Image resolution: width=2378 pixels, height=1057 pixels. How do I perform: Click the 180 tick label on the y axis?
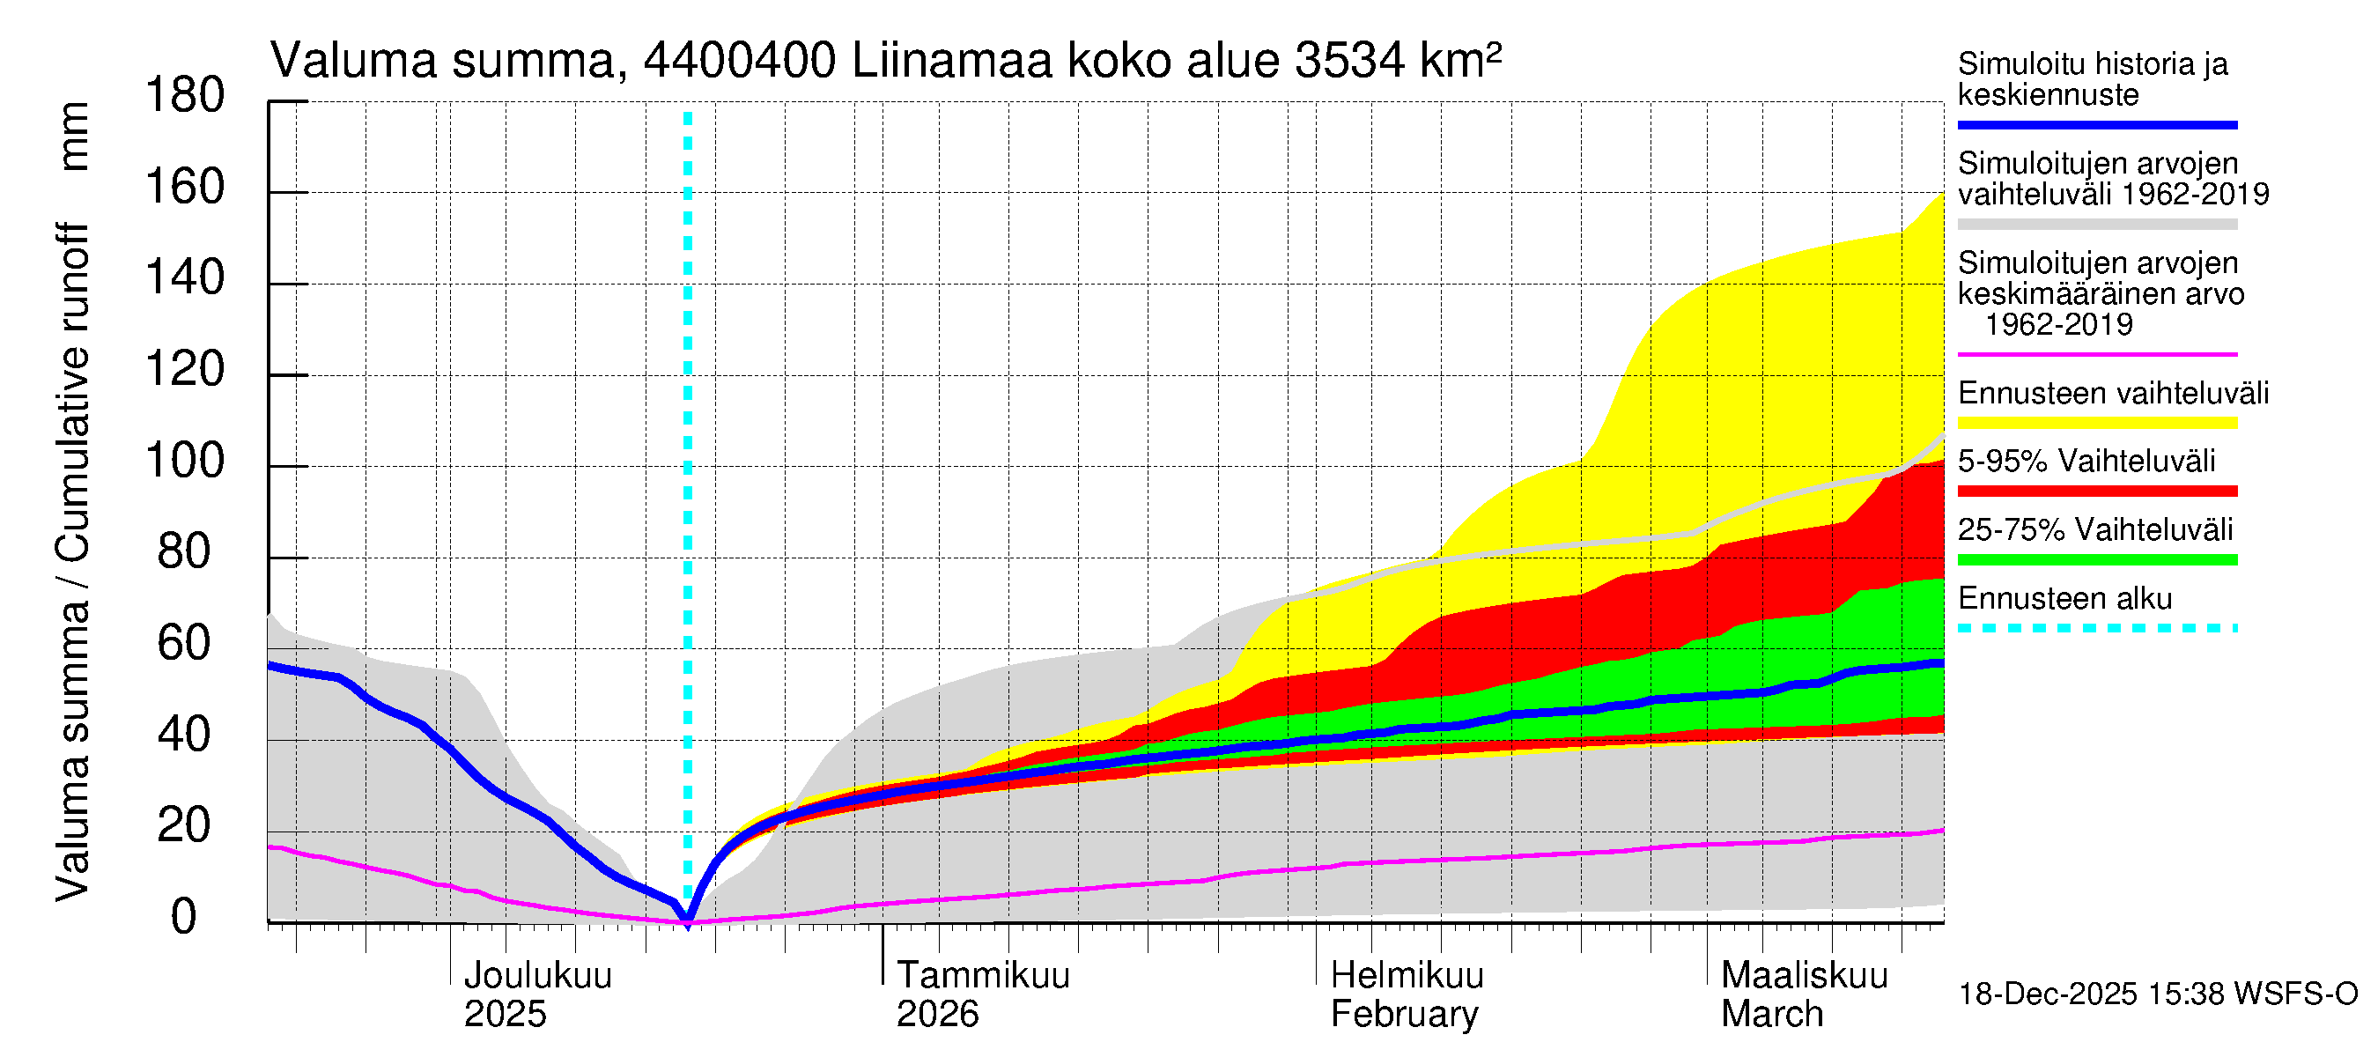185,96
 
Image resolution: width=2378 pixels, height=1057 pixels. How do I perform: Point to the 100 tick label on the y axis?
185,461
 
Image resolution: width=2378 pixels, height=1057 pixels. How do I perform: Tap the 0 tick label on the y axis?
184,917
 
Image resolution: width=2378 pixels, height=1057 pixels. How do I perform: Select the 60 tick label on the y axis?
185,643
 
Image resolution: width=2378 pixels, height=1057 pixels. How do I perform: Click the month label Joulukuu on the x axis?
537,976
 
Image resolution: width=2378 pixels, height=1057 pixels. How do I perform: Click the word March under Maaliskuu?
1771,1015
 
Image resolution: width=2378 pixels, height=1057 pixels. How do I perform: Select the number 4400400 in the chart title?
740,61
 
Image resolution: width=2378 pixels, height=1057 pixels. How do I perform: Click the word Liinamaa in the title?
952,61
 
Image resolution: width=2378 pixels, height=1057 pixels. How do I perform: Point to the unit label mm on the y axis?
74,137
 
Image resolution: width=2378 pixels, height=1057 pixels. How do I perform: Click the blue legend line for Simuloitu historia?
2096,124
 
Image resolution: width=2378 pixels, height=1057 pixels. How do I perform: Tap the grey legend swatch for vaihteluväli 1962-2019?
2096,225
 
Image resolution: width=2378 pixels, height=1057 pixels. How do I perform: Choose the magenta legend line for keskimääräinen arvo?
2096,354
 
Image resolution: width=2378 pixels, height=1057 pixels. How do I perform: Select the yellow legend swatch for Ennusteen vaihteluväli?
2096,424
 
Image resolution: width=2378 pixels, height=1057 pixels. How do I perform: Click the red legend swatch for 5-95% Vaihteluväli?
2096,492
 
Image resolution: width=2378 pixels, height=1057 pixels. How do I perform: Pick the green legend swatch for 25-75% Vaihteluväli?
2096,560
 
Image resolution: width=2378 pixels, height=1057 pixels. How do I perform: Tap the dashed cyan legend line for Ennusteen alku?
2096,629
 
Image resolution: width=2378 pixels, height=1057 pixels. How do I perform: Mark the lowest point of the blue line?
687,920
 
